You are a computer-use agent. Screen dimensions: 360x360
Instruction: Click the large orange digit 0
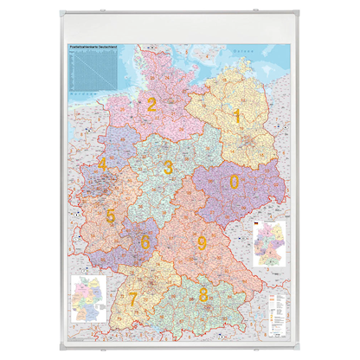click(x=234, y=181)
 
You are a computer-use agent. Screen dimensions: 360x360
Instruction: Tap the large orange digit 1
click(x=235, y=115)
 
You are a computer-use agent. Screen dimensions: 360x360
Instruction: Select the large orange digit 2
click(x=152, y=106)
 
